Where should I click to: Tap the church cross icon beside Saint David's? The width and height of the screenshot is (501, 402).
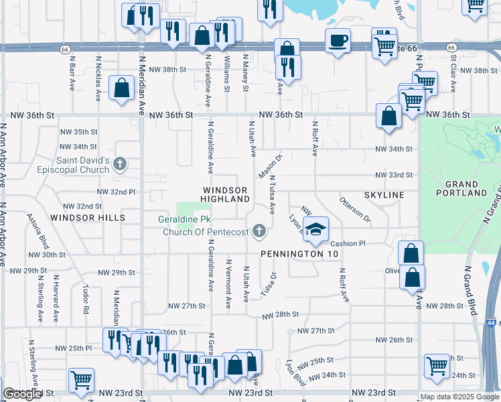[x=120, y=163]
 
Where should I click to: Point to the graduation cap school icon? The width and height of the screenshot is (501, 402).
[x=315, y=227]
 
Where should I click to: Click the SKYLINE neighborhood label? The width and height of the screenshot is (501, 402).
[x=384, y=194]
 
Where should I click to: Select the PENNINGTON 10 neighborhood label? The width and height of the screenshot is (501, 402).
[x=299, y=254]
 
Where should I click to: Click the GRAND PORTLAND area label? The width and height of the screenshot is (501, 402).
[x=461, y=188]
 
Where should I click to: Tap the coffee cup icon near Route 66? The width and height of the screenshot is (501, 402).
[x=338, y=40]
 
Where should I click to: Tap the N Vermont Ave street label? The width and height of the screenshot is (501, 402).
[x=229, y=284]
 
